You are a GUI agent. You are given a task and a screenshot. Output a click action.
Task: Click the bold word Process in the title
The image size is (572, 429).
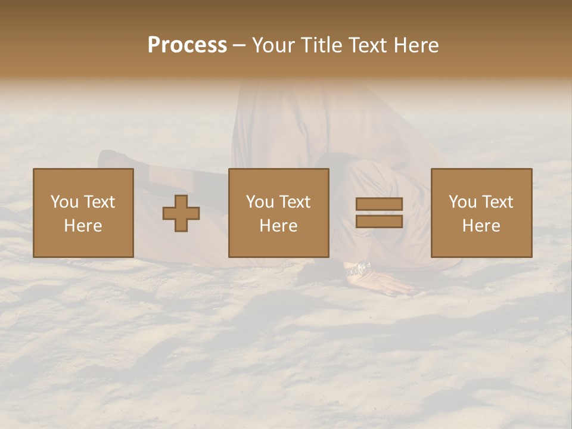pos(187,45)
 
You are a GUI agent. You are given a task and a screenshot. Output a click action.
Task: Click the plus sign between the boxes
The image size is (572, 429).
pos(181,213)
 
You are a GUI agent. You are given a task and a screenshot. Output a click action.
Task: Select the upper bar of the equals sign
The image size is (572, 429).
pos(379,204)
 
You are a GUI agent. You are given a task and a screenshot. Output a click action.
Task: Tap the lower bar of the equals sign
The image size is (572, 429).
pos(379,222)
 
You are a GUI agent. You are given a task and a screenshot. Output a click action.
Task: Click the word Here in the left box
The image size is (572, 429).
pos(83,226)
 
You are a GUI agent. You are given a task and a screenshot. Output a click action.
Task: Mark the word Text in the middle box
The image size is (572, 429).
pos(295,202)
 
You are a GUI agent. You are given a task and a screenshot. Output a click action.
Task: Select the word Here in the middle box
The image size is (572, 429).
pos(279,226)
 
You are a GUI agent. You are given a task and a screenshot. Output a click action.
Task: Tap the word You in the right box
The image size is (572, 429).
pos(462,202)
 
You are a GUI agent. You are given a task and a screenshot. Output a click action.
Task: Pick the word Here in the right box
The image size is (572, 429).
pos(481,226)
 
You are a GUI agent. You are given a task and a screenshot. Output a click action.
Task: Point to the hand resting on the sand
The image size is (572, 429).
pos(390,285)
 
